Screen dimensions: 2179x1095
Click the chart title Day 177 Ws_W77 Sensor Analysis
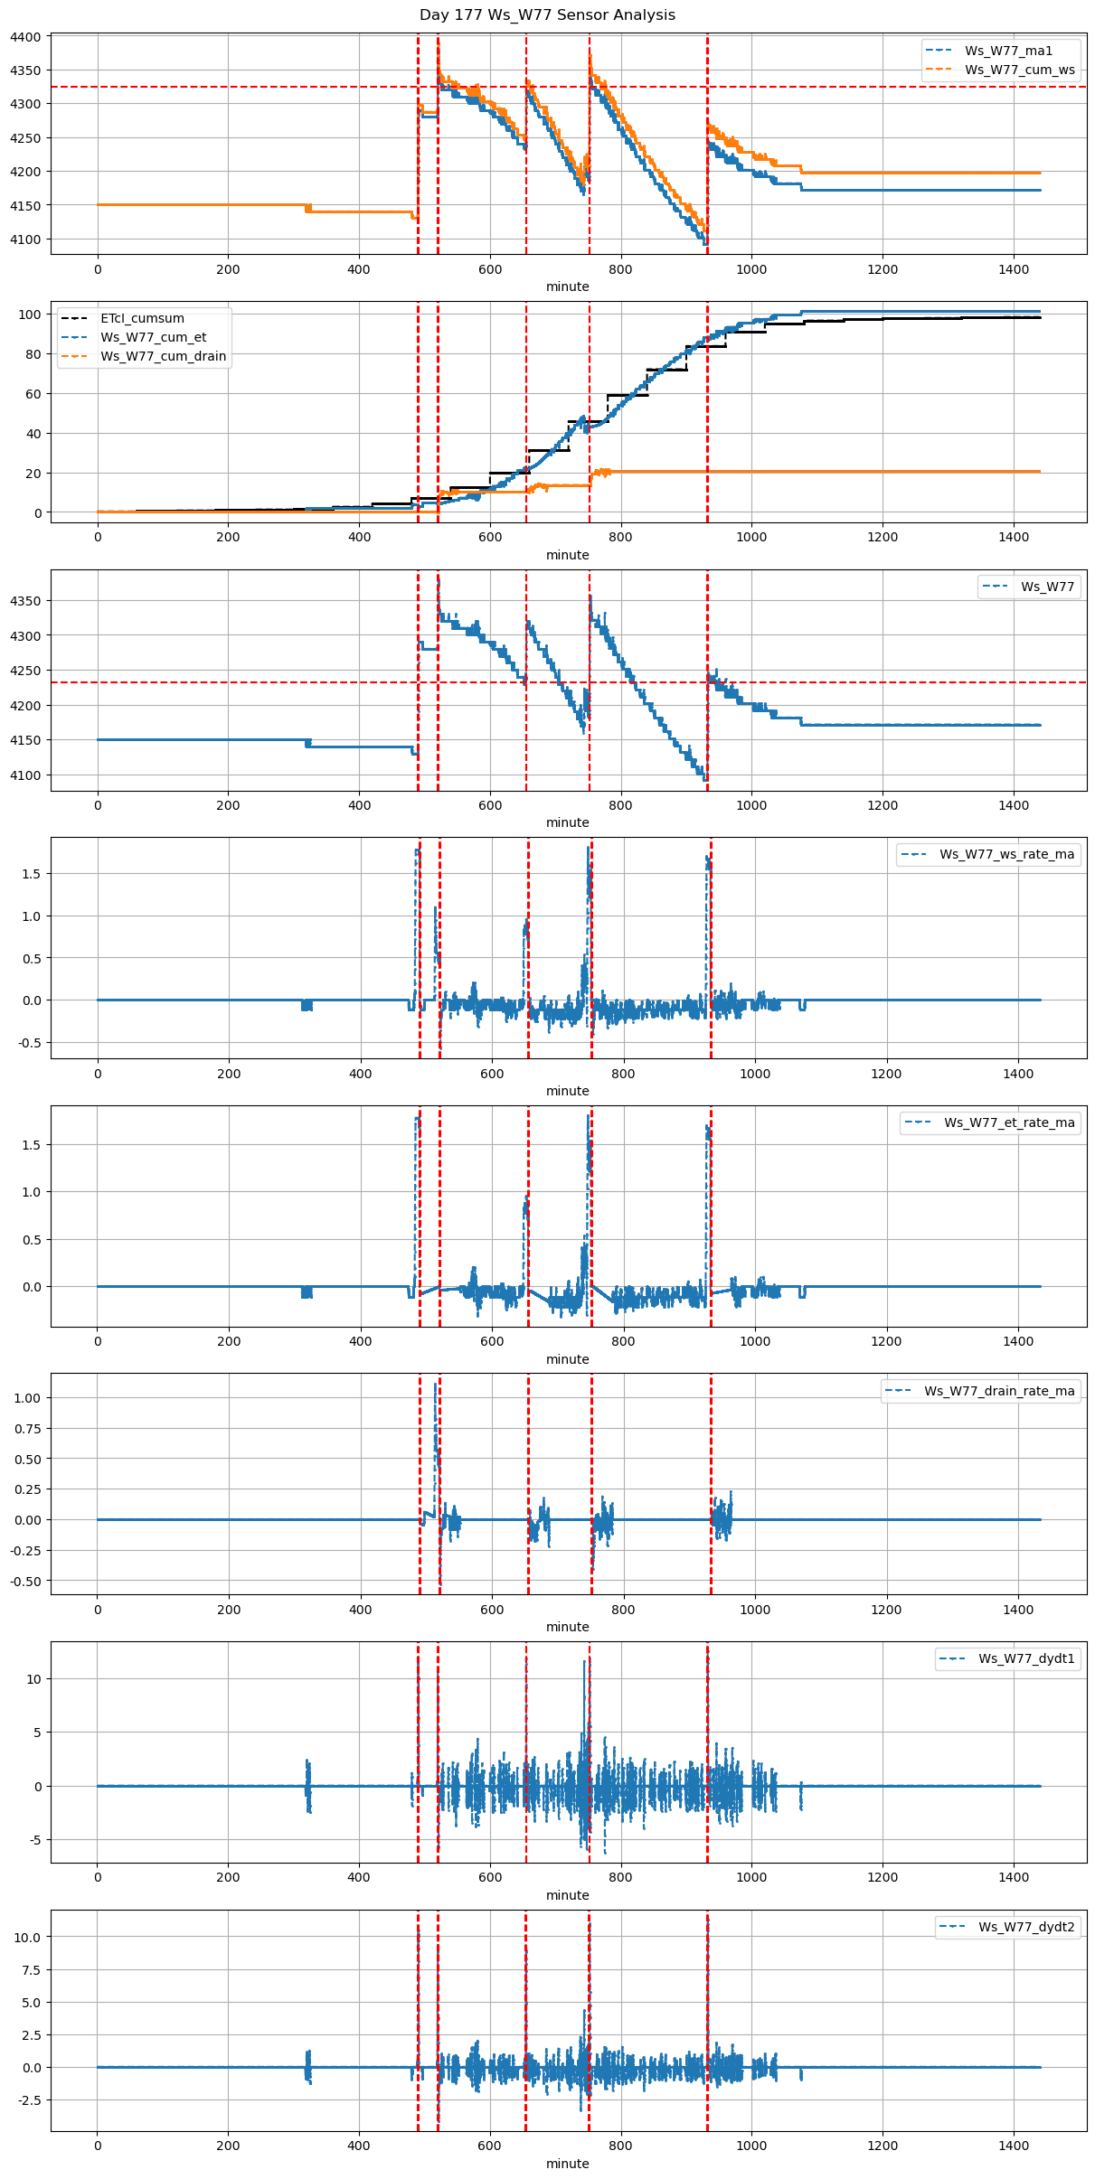pos(547,15)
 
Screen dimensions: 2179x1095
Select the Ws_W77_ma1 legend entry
pos(1008,51)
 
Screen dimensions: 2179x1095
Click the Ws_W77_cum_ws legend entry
pos(1019,70)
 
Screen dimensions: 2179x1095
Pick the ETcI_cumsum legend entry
pos(142,318)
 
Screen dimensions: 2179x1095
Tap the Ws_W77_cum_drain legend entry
pos(163,356)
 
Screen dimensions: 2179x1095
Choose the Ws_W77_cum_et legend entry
pos(153,337)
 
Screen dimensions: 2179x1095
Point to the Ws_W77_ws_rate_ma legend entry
pos(1006,854)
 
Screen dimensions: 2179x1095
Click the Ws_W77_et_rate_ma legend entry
pos(1009,1122)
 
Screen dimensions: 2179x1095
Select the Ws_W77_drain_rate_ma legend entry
pos(999,1391)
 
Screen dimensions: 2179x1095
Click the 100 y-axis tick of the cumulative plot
pos(31,315)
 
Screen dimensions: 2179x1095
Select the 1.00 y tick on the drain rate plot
pos(27,1397)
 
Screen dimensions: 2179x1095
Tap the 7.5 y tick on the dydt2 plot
pos(33,1970)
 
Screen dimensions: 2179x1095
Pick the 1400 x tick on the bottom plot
pos(1014,2146)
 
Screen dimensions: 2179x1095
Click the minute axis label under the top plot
pos(567,286)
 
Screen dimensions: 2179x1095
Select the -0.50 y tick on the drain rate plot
pos(25,1582)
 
